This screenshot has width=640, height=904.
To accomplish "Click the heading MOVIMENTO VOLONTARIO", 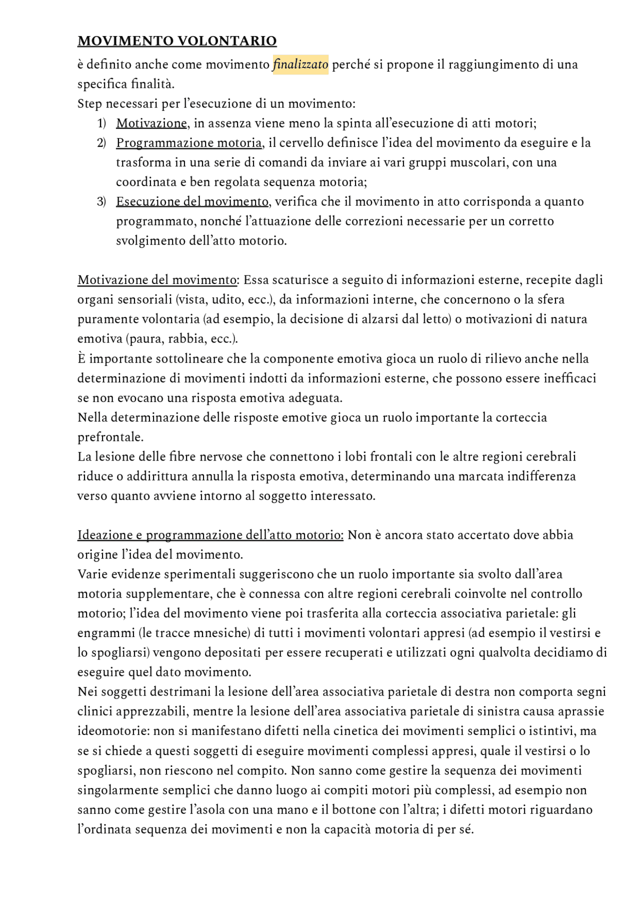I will (177, 41).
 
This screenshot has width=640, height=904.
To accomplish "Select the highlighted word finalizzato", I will (300, 64).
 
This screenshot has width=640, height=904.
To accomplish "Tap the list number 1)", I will (101, 123).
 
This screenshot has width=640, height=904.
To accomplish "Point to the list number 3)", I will (101, 201).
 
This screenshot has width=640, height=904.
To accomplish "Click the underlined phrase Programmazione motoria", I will (189, 143).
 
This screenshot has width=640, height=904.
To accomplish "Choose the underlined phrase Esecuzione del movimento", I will (192, 201).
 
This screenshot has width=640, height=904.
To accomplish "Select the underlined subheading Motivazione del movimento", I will (157, 280).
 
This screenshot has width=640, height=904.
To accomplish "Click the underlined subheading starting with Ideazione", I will (210, 535).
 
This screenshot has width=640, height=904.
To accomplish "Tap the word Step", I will (89, 104).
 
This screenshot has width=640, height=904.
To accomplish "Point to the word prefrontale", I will (110, 437).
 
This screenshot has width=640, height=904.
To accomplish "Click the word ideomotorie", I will (112, 731).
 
